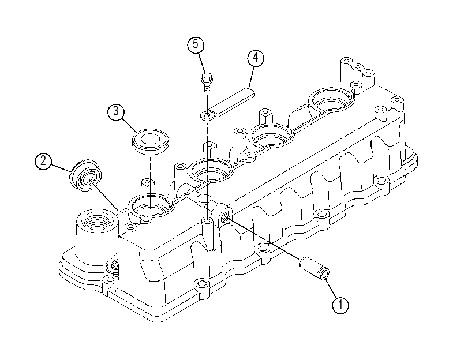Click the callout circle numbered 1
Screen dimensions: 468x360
tap(340, 305)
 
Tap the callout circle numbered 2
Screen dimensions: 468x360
tap(44, 162)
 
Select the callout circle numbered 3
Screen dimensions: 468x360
tap(116, 111)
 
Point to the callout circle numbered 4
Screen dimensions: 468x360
tap(256, 58)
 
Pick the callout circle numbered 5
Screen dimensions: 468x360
tap(196, 44)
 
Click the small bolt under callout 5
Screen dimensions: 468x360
tap(206, 82)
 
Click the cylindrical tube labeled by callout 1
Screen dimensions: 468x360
tap(315, 268)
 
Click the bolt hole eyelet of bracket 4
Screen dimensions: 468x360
tap(207, 115)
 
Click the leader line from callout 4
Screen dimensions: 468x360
tap(250, 76)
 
